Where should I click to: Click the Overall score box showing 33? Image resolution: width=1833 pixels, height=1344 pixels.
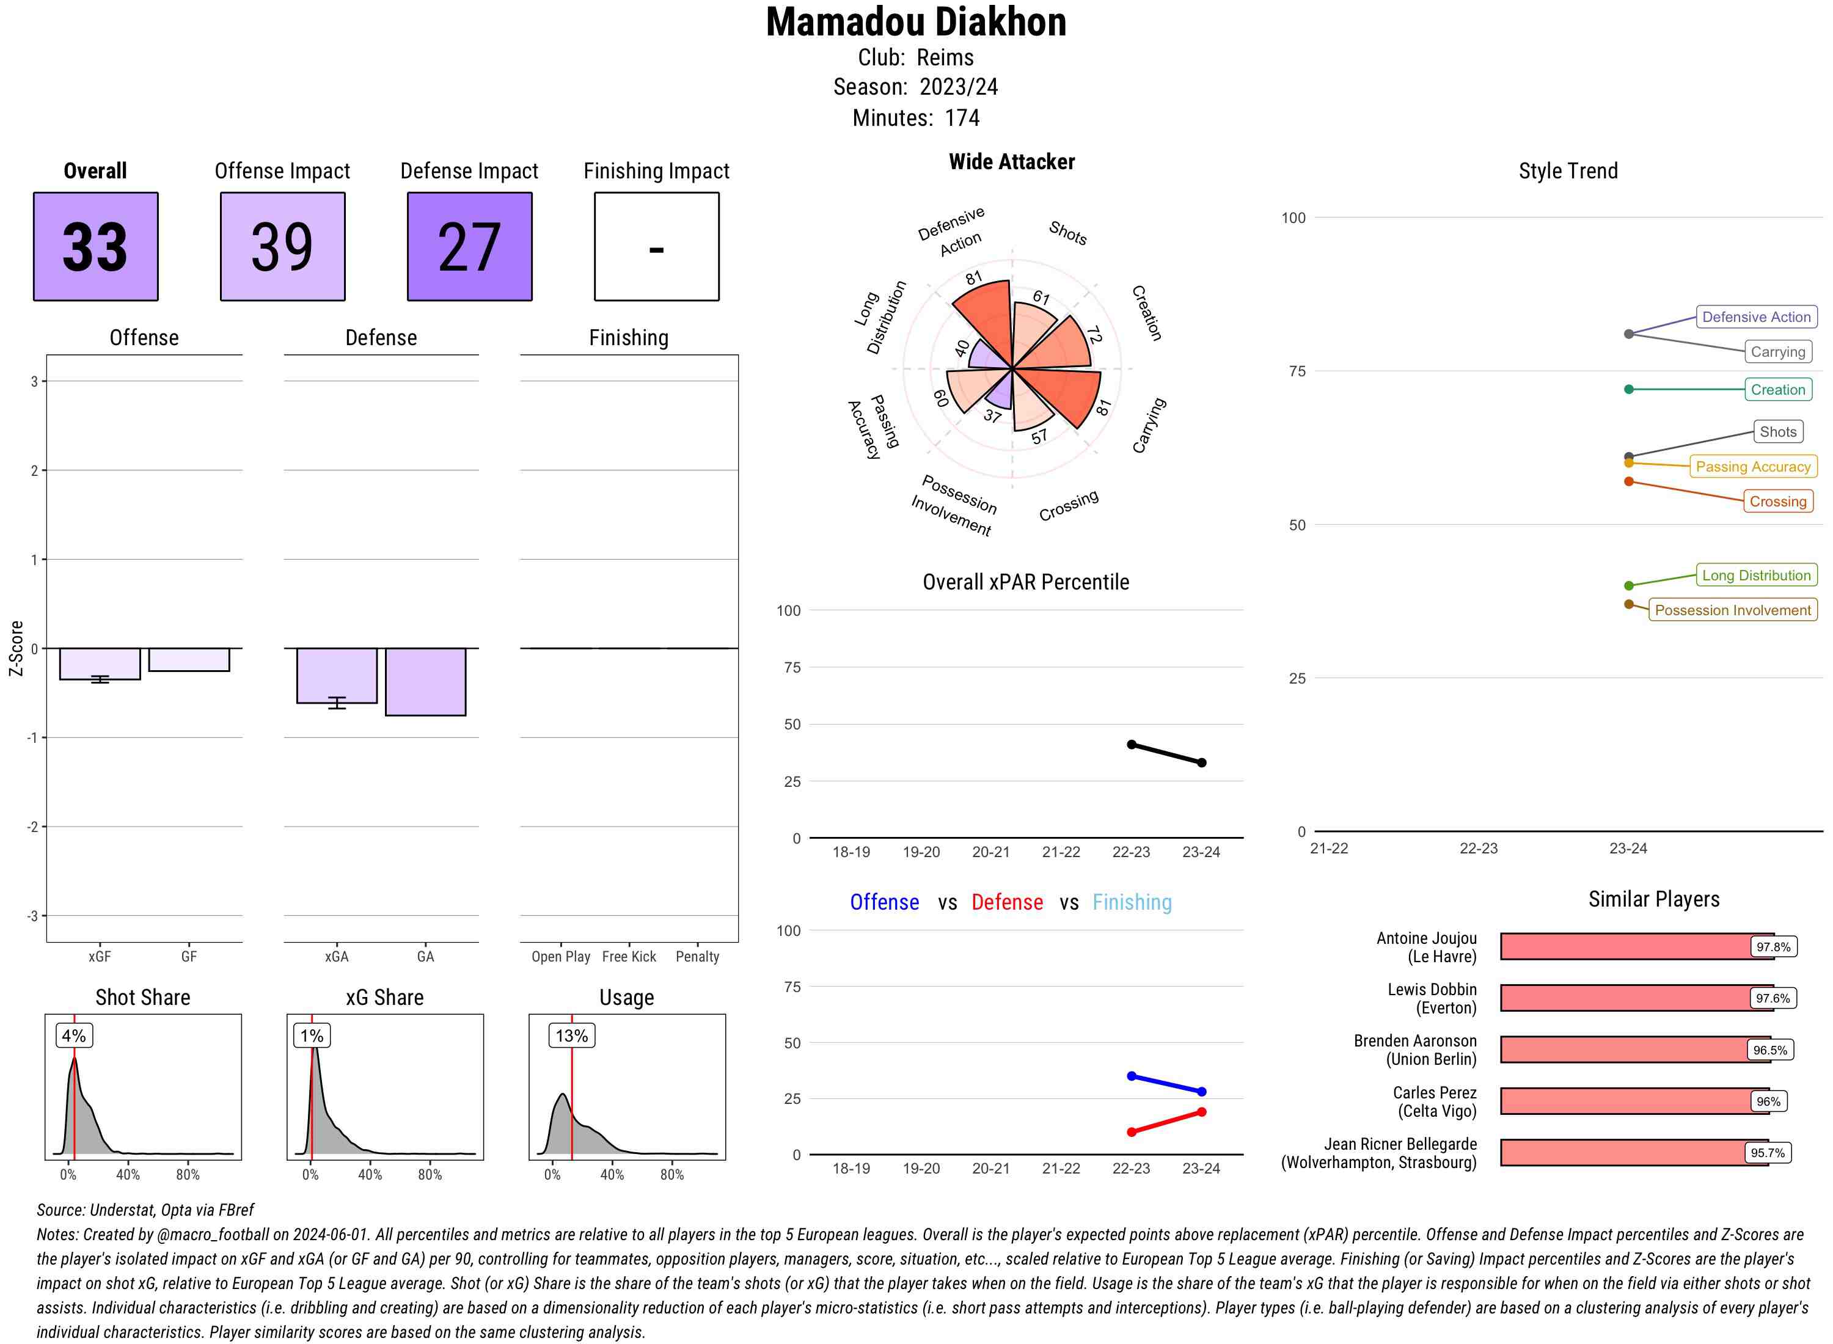pos(95,247)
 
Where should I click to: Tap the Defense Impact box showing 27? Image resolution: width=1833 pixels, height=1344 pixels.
pos(469,247)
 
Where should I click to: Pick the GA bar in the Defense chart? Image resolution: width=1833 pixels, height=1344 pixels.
pos(425,682)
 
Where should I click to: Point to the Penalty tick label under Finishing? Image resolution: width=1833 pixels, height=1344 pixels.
pos(697,957)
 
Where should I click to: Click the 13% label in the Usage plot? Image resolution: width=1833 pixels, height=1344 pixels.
pos(571,1035)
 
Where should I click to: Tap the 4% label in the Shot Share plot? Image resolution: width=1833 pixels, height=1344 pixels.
pos(73,1035)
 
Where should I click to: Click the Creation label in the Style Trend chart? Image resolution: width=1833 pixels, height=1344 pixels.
pos(1777,390)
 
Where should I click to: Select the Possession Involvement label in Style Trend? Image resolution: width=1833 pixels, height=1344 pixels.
pos(1732,610)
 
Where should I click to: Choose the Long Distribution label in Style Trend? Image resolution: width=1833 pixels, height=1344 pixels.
pos(1756,575)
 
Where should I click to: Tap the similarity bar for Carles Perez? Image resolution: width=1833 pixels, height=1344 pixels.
pos(1627,1101)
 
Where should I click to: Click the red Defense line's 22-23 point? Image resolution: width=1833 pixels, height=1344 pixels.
pos(1131,1131)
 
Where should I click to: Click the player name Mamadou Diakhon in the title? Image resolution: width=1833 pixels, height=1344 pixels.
pos(915,22)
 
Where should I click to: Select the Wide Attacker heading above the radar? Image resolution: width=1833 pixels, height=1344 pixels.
pos(1011,162)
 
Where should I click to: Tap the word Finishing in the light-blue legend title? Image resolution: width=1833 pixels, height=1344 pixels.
pos(1132,902)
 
